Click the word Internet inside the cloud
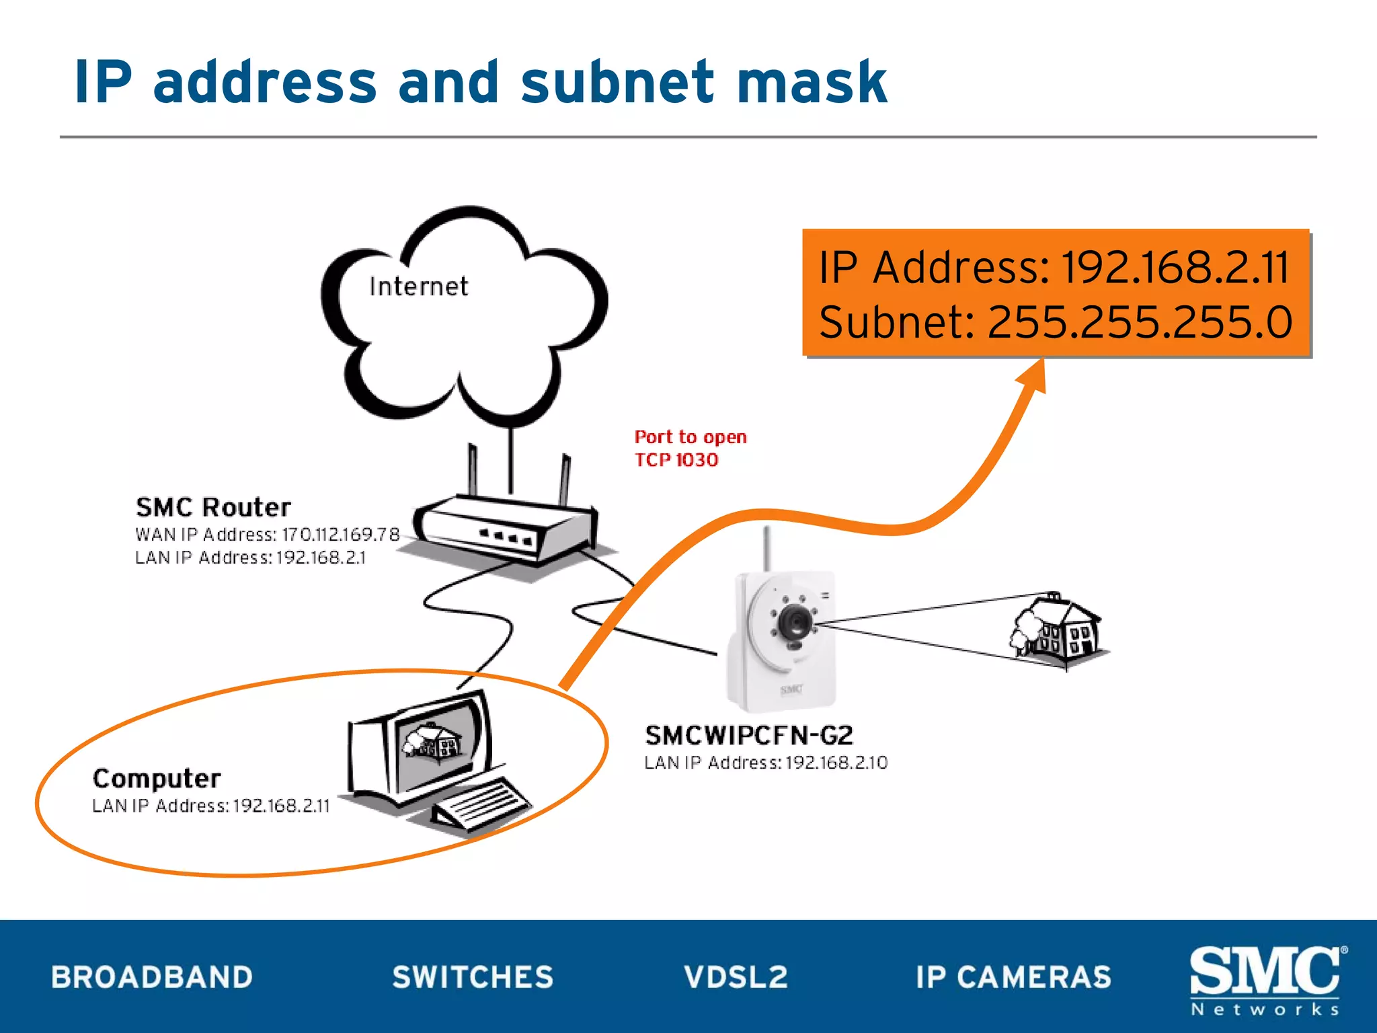[418, 286]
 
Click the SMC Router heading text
[213, 507]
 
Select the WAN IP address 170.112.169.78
[340, 535]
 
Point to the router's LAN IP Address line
[250, 558]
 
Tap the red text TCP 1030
[676, 460]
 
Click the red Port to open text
[691, 437]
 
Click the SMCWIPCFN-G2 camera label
[749, 736]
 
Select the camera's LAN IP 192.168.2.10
[836, 763]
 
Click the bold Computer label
[157, 779]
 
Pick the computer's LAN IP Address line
[211, 806]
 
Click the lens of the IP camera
[795, 621]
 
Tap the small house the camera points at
[1058, 627]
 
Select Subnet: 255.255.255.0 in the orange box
[1056, 322]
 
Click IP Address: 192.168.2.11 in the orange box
[1054, 268]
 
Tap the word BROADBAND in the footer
[152, 977]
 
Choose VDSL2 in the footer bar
[736, 977]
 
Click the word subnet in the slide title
[617, 83]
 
